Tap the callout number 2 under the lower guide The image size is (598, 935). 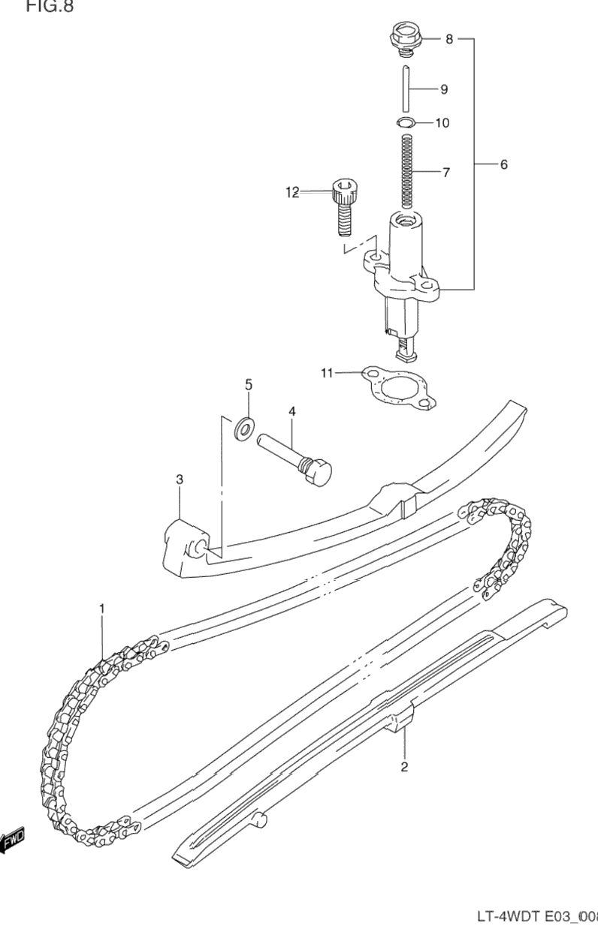coord(404,766)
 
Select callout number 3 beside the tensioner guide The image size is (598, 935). coord(180,479)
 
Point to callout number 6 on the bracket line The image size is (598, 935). coord(503,164)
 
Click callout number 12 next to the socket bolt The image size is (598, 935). coord(291,193)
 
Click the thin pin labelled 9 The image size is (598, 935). coord(406,89)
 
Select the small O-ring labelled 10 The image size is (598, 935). coord(404,122)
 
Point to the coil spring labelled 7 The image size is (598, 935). coord(406,170)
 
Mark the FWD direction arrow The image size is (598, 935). coord(13,841)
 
